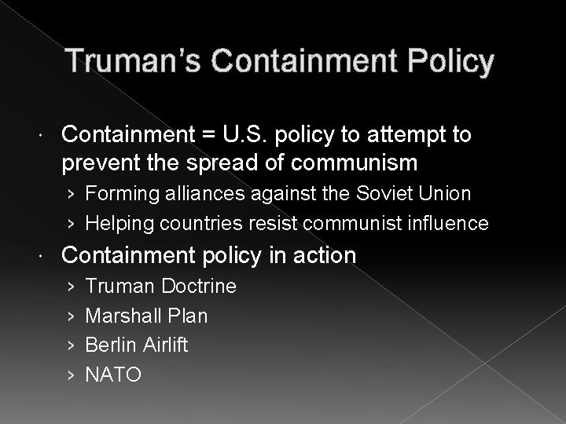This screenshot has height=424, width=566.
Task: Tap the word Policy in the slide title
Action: (448, 61)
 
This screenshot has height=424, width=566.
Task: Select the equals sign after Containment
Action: (208, 135)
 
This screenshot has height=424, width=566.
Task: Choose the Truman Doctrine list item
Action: (160, 287)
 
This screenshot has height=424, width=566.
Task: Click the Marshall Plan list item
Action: (146, 316)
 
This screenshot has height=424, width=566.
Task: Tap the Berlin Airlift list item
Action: (137, 345)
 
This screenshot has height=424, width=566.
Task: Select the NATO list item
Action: (113, 375)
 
